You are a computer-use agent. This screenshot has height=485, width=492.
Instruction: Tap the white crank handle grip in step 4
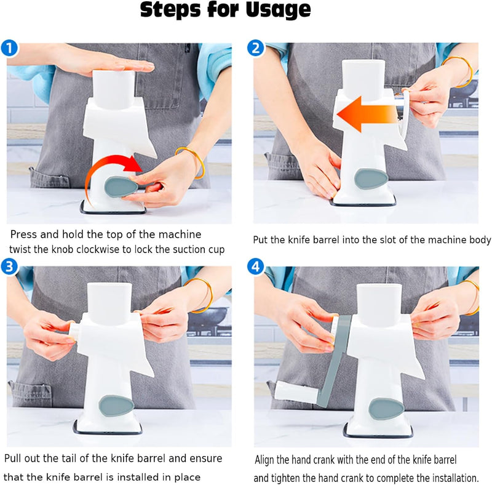point(293,390)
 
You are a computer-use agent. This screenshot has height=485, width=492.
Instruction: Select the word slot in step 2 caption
point(387,240)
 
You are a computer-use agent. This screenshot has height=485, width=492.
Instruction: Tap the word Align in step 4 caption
point(268,460)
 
